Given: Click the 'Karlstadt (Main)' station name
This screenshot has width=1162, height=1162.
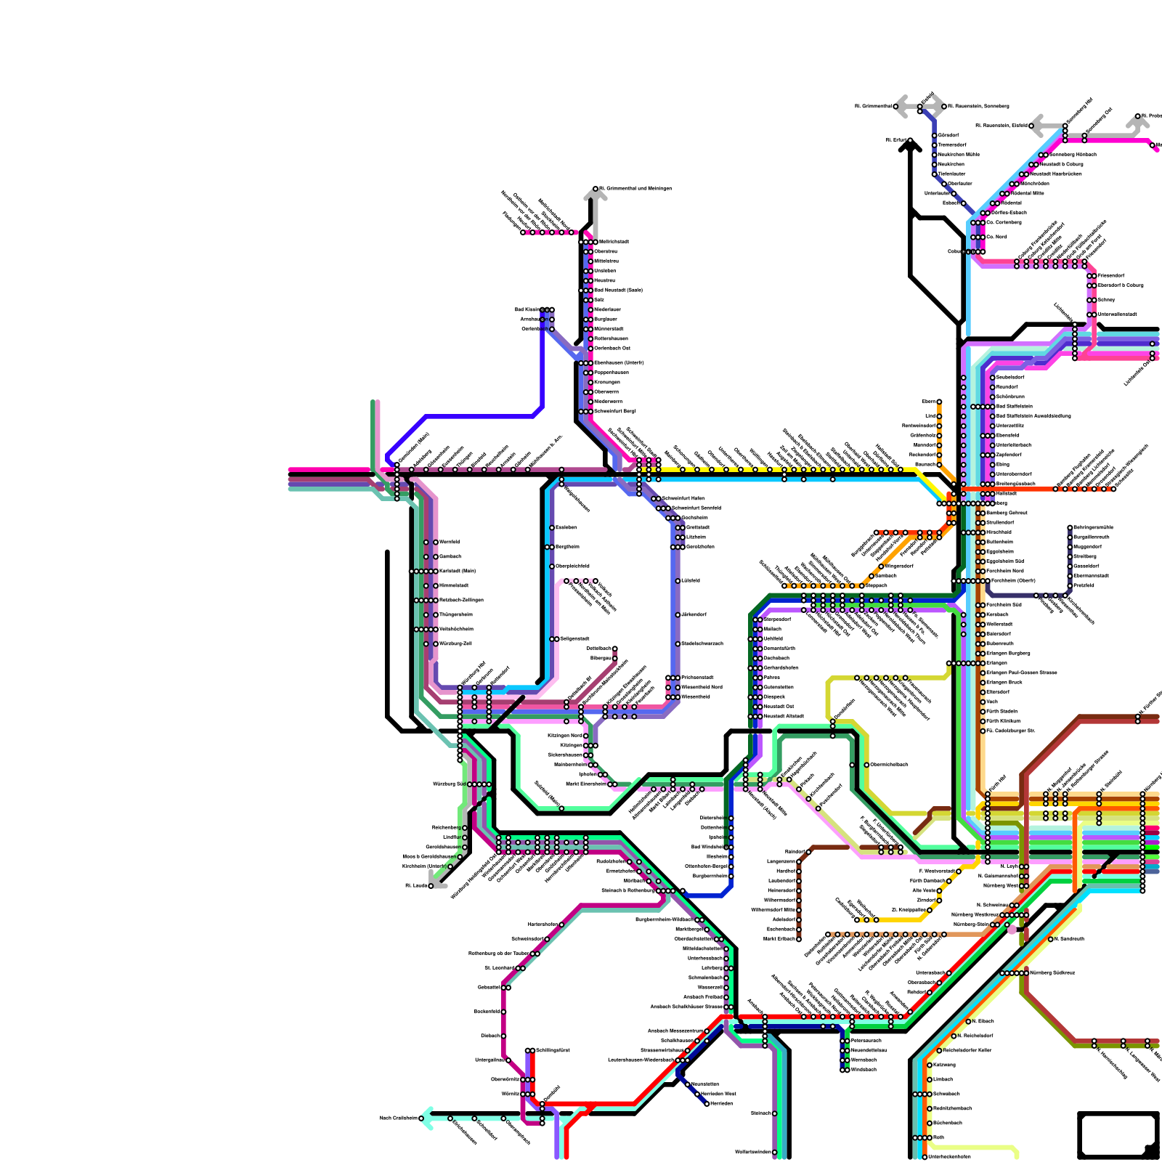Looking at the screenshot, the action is click(458, 572).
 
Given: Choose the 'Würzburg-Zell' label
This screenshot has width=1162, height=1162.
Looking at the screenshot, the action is click(455, 644).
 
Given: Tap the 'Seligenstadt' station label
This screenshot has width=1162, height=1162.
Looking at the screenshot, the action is click(574, 639).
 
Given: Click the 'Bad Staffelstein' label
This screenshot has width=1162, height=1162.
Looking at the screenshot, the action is click(1015, 407).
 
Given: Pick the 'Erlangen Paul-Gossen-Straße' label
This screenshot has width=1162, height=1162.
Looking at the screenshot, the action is click(1020, 673).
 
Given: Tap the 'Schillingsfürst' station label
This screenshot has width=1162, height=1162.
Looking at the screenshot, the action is click(553, 1051).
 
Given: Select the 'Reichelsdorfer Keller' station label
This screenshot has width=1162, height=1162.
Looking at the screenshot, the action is click(968, 1051).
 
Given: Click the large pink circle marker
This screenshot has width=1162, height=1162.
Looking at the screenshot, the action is click(1012, 930).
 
